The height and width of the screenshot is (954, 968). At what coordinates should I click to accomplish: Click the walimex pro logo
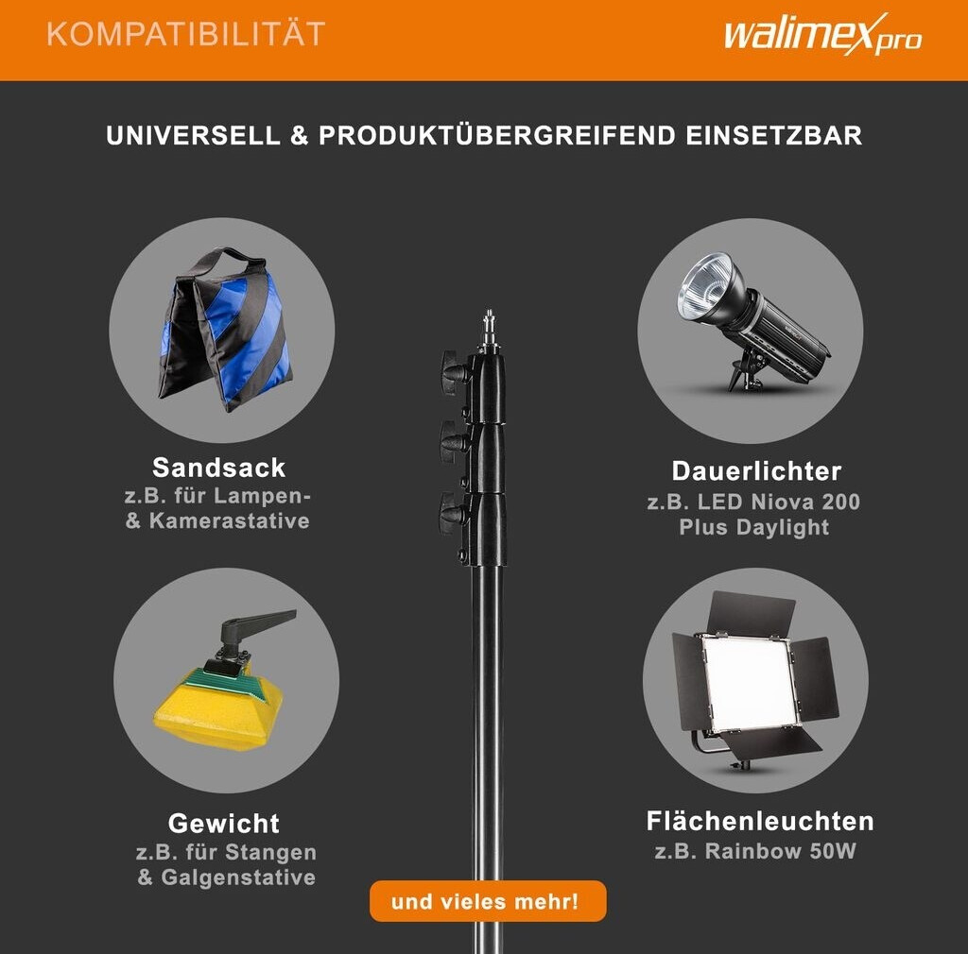click(x=822, y=34)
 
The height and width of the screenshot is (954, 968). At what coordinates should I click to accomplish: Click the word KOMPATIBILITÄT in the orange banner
click(x=186, y=34)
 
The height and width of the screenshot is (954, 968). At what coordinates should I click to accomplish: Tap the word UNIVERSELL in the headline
click(x=193, y=136)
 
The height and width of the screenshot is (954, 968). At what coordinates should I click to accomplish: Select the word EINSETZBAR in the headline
click(x=773, y=136)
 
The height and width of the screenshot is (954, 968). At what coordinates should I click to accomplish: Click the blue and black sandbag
click(x=225, y=330)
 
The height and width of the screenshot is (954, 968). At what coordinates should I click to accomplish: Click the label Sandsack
click(x=219, y=468)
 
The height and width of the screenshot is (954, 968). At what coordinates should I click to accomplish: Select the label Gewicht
click(x=224, y=824)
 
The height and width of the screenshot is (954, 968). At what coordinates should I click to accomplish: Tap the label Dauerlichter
click(x=756, y=471)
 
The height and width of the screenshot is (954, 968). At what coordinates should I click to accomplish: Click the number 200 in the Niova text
click(x=840, y=502)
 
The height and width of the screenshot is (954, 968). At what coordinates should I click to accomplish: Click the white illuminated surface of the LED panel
click(x=748, y=681)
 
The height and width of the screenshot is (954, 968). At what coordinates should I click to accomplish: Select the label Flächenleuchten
click(x=760, y=822)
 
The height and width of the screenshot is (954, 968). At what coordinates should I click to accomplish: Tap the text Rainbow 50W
click(x=780, y=851)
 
